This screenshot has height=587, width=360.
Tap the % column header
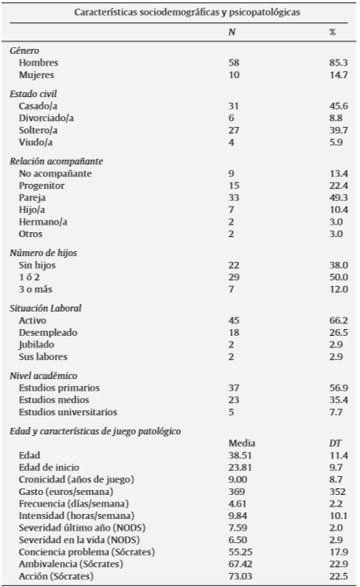click(x=333, y=32)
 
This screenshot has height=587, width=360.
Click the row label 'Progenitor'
click(x=41, y=187)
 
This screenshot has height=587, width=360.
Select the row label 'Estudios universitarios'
click(x=68, y=412)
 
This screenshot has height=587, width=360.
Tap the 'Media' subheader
click(x=240, y=444)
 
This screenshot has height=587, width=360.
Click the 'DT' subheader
click(x=335, y=444)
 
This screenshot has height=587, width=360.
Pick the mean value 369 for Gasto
click(x=236, y=492)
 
